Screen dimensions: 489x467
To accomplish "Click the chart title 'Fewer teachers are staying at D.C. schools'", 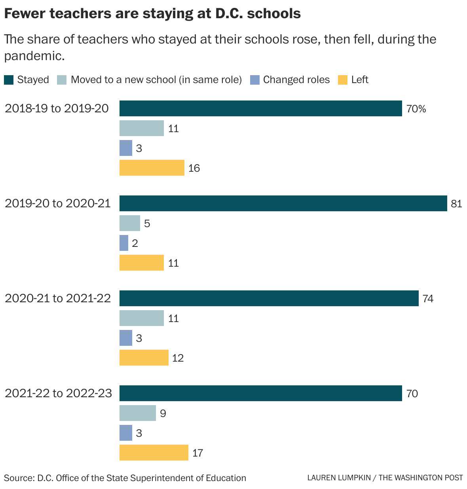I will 152,14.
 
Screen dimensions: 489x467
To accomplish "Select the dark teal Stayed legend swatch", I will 9,80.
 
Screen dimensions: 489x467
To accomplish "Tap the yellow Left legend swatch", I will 342,80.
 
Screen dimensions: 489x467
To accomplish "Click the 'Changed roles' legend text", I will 296,80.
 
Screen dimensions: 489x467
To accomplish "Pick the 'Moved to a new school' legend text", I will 156,80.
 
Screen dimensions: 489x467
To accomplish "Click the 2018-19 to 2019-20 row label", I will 57,108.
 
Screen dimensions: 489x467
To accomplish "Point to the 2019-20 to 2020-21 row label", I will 58,203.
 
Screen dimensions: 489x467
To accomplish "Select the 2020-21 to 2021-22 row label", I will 58,298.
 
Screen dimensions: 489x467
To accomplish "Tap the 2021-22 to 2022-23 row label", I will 58,393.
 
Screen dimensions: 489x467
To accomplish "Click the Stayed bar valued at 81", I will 283,203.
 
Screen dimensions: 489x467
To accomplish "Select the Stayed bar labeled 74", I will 269,298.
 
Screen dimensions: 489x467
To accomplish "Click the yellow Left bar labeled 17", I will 154,453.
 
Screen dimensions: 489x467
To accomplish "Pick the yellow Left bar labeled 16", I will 152,168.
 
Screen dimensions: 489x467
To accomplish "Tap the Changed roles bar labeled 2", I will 124,243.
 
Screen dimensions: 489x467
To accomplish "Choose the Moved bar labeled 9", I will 137,413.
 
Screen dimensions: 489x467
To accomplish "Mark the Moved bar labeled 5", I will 129,223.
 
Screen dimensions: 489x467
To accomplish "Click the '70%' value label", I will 416,109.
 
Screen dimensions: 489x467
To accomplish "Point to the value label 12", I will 178,358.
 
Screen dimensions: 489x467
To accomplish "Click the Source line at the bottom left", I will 125,478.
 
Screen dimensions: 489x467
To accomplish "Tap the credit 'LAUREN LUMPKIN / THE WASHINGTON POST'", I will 385,478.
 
